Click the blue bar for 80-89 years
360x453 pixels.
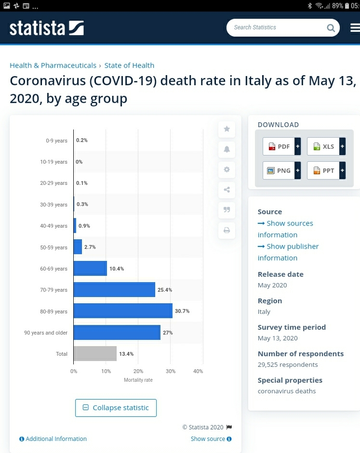pos(123,311)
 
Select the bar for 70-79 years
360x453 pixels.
pos(114,290)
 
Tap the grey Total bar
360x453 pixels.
pos(95,354)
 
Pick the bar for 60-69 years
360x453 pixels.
pos(90,269)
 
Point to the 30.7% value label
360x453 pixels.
pos(182,311)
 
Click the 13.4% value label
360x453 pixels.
pos(126,354)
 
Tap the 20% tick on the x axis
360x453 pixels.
pos(138,371)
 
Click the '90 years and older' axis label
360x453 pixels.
pos(46,333)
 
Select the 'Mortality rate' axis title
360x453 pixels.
pos(138,380)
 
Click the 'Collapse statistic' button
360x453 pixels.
pos(116,408)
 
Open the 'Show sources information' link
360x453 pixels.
pos(285,229)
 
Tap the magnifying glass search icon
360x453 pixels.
pos(331,28)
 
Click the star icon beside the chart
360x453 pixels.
pos(227,129)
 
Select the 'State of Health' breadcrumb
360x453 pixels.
pos(129,65)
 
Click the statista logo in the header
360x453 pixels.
pos(47,28)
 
